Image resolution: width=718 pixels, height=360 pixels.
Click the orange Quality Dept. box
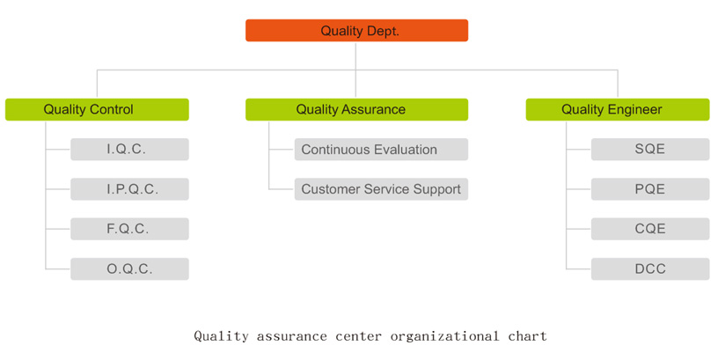pos(356,30)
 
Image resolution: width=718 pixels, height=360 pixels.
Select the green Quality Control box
pos(97,109)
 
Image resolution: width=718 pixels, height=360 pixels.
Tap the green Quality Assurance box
pos(356,109)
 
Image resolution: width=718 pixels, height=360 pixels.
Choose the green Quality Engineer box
pos(618,109)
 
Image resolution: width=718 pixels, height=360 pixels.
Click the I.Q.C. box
pos(129,150)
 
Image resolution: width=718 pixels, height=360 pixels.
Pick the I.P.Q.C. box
pos(129,189)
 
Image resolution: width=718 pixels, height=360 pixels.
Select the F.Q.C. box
pos(129,229)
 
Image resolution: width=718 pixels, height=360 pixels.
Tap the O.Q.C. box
pos(129,268)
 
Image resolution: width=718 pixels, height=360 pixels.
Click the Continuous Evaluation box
pos(382,150)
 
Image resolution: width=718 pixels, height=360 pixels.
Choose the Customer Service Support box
pos(382,189)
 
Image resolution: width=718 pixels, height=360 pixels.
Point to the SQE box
pos(650,150)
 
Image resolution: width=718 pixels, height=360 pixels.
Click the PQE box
pos(650,189)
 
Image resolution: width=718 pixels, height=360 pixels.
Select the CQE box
pos(650,229)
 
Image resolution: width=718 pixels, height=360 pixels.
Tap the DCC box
pos(650,268)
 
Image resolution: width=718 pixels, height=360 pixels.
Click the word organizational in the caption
pos(444,336)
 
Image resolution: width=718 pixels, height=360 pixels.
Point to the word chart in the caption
pos(528,336)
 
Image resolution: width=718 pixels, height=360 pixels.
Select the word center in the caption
pos(358,336)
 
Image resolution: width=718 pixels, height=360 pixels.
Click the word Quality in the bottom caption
pos(221,336)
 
